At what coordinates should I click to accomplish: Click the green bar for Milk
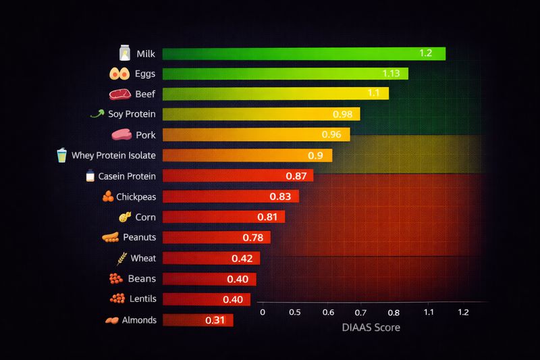(x=304, y=54)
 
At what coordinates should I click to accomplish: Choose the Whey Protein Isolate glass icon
(x=63, y=155)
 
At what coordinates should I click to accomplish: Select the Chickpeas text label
(x=136, y=197)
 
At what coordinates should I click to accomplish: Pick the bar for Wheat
(x=211, y=258)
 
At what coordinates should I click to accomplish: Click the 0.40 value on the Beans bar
(x=237, y=279)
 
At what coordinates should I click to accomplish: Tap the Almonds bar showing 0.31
(x=197, y=320)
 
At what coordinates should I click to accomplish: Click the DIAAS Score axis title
(x=370, y=328)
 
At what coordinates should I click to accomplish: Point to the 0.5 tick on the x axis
(x=295, y=313)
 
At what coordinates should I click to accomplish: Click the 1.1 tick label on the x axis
(x=429, y=313)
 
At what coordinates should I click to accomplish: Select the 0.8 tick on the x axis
(x=395, y=313)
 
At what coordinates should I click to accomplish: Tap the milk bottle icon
(x=124, y=53)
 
